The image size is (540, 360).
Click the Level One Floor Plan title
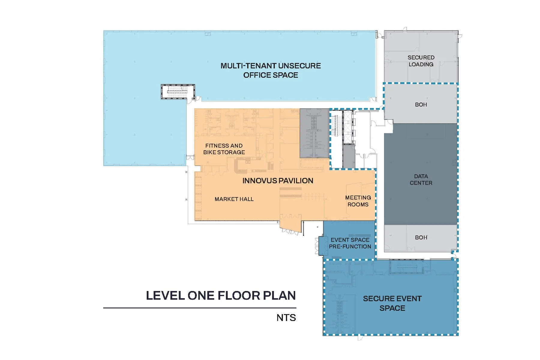click(x=221, y=295)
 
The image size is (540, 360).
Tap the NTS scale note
click(x=286, y=318)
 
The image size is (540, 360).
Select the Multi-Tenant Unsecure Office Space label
click(x=271, y=70)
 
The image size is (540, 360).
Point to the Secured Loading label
click(x=421, y=61)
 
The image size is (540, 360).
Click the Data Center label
click(x=421, y=179)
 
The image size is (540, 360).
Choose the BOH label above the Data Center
click(x=421, y=105)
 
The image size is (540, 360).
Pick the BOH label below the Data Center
click(x=421, y=238)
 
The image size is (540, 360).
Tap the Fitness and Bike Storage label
click(x=224, y=149)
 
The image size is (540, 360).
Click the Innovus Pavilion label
click(x=278, y=181)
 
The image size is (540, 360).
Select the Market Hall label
click(x=234, y=199)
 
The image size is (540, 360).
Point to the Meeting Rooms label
click(x=358, y=201)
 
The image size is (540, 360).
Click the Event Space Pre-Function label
click(x=350, y=243)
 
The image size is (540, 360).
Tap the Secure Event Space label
click(x=392, y=303)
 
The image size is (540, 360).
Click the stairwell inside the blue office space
click(x=178, y=91)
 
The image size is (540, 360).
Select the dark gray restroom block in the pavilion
click(x=315, y=133)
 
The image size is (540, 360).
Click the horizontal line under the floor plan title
click(x=200, y=308)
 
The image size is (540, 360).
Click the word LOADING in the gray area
click(x=421, y=64)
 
